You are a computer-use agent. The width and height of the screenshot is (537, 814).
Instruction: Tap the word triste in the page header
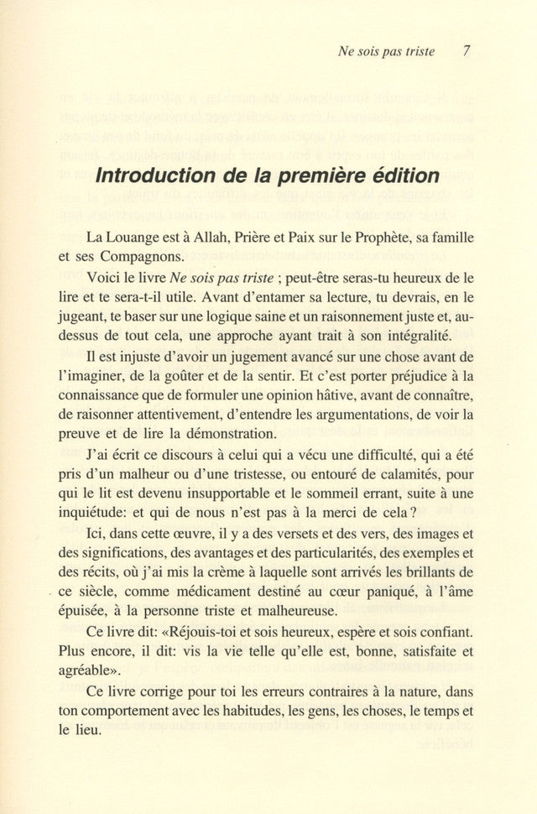click(x=419, y=51)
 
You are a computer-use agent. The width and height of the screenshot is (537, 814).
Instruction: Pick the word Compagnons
click(x=154, y=261)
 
